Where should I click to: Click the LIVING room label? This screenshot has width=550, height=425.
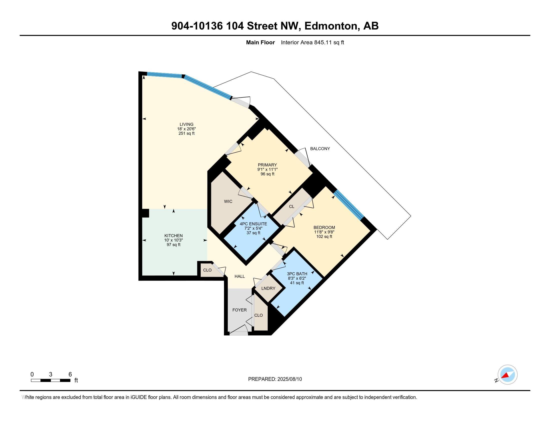pos(186,124)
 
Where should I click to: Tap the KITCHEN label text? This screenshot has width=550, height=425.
pos(173,236)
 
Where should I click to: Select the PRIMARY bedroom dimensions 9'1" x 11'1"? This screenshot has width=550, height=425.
pos(267,169)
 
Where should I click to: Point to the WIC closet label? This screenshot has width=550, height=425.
pos(228,201)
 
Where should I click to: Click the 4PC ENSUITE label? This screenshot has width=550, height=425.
pos(253,224)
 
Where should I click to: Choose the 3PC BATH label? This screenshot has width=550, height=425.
pos(297,274)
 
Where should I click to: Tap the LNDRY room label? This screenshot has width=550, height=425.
pos(268,288)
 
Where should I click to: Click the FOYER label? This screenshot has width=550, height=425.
pos(239,310)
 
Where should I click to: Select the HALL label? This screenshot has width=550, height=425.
pos(239,276)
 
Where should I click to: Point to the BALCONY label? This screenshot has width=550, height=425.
pos(320,148)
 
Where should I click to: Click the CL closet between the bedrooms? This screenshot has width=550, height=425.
pos(291,206)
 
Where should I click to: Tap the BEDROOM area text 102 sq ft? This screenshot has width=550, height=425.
pos(324,236)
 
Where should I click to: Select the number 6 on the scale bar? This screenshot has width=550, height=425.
pos(70,374)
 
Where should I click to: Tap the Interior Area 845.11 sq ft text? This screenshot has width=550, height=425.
pos(312,42)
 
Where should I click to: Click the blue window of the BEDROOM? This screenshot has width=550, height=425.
pos(349,204)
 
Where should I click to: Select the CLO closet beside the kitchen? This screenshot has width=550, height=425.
pos(207,270)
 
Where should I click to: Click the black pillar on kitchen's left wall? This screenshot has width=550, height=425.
pos(145,213)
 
